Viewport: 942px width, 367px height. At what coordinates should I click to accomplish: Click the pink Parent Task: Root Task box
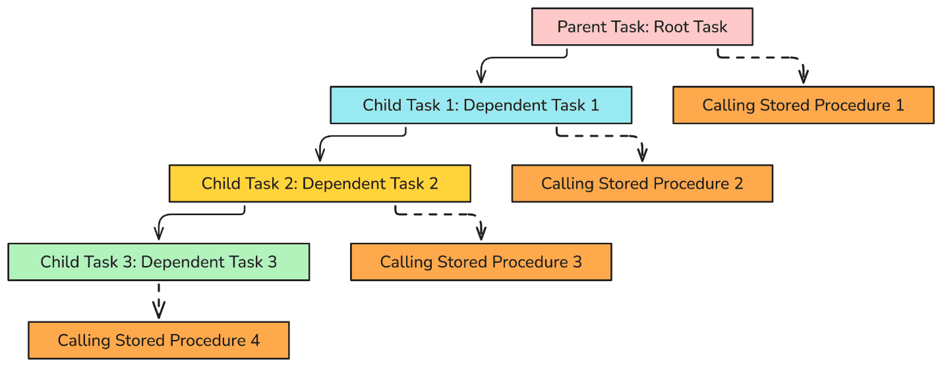642,26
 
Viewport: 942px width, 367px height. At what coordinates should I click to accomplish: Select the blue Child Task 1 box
481,105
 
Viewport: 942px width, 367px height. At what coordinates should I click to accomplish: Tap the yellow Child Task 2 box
320,183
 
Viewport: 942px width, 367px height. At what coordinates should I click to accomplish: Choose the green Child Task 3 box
159,262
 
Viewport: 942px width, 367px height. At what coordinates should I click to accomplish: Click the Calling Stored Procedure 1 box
803,105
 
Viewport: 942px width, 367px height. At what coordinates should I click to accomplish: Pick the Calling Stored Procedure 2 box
642,183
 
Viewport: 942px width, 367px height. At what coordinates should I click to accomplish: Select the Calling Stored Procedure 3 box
481,262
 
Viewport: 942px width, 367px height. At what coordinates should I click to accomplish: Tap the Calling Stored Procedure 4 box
159,341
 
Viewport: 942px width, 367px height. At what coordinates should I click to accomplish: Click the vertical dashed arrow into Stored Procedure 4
159,301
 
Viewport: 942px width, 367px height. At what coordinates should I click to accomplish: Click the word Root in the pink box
671,27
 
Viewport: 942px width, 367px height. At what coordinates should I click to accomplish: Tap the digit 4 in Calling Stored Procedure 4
255,341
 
